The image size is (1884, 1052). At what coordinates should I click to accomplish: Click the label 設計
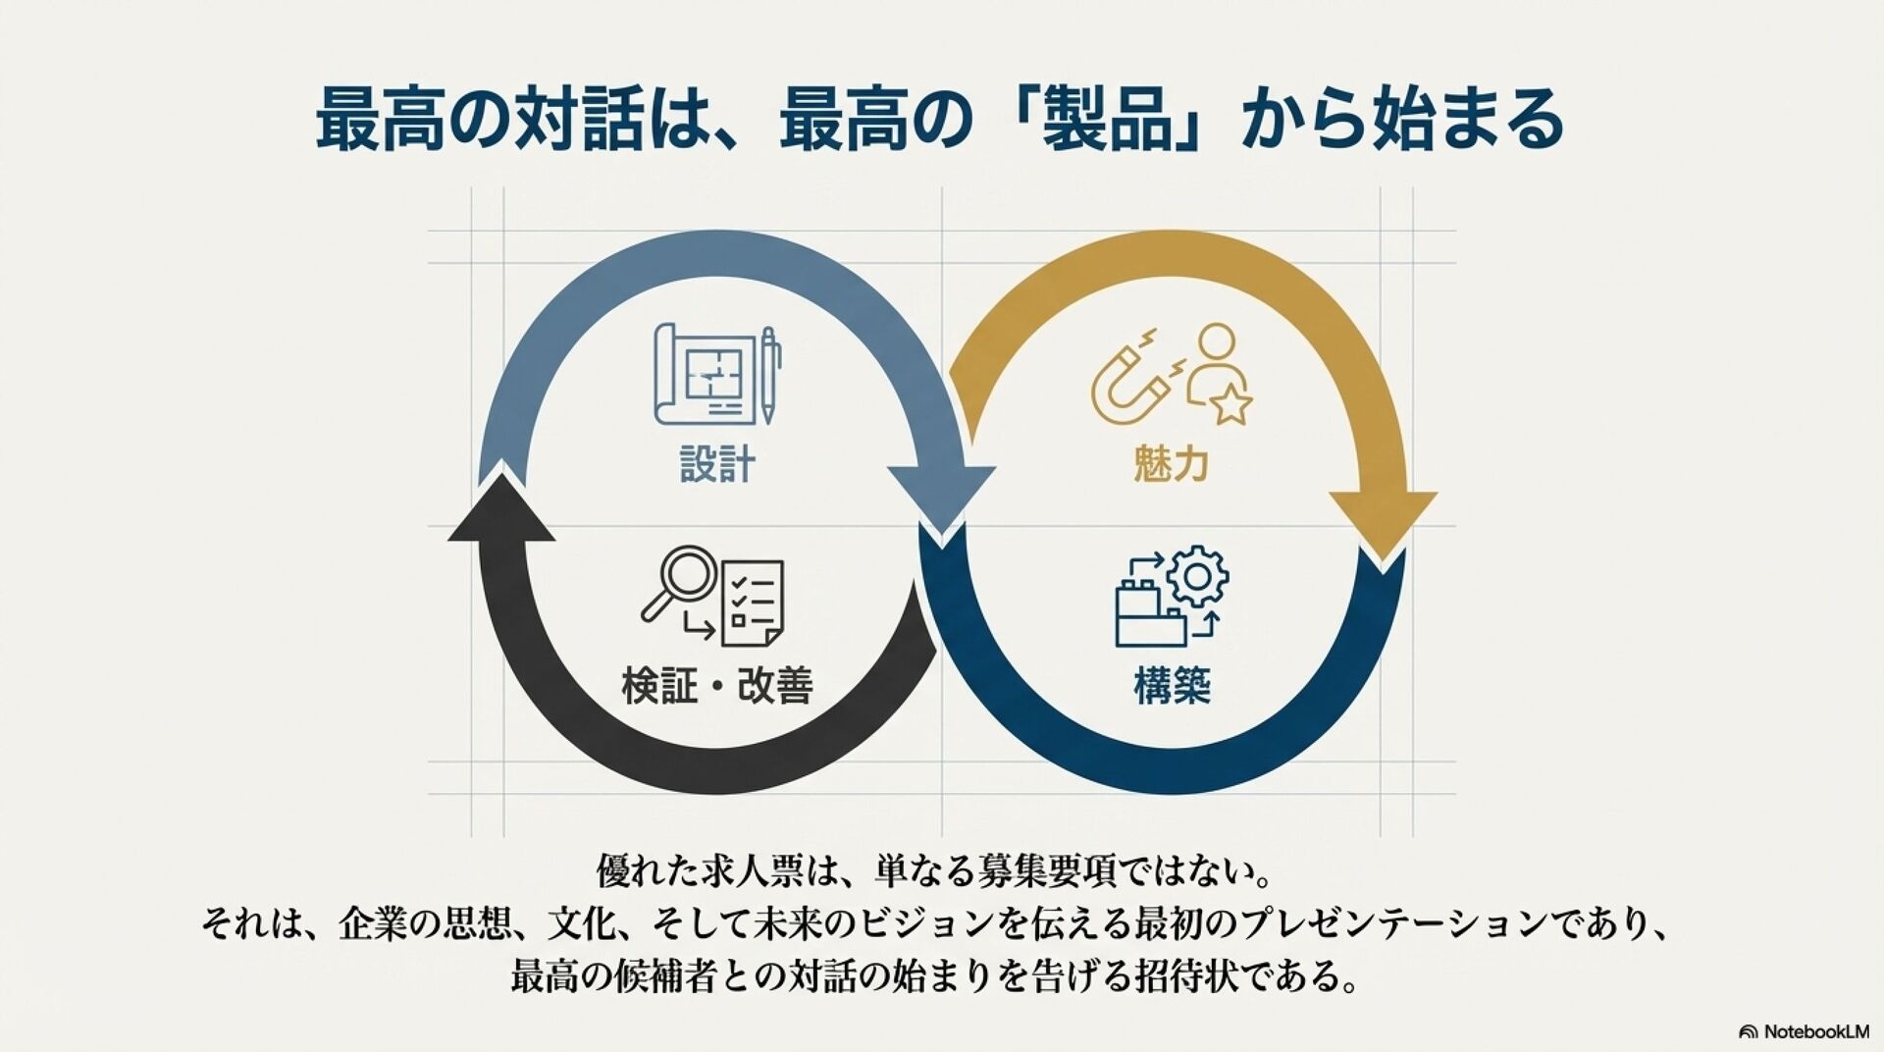coord(717,464)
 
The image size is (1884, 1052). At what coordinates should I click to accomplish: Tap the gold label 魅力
coord(1171,463)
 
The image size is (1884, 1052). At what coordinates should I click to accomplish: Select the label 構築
coord(1172,685)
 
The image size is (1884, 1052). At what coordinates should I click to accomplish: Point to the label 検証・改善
coord(717,685)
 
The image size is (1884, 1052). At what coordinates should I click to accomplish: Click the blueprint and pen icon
coord(717,374)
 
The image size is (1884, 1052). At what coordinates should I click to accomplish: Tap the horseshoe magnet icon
coord(1128,384)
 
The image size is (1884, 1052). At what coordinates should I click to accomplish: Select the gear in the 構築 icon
coord(1198,576)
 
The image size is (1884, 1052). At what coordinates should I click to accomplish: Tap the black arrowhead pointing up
coord(502,510)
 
